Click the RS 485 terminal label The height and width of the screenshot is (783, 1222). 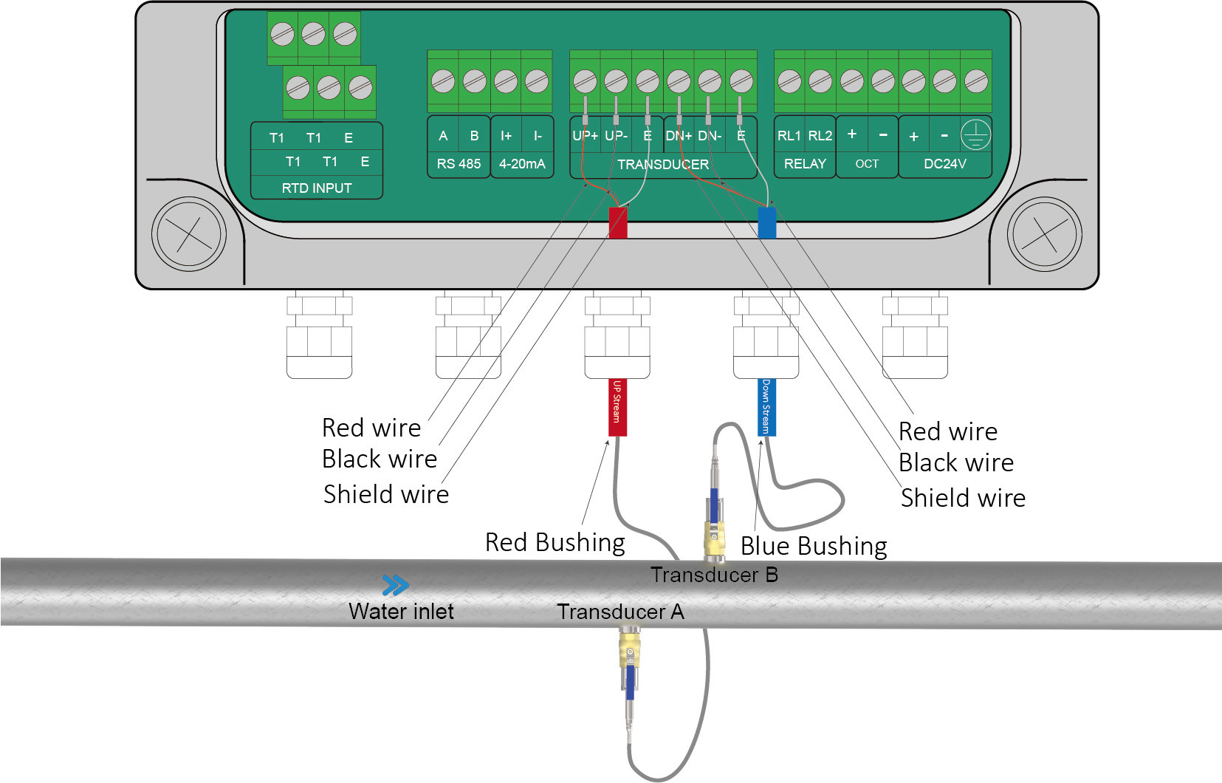tap(459, 164)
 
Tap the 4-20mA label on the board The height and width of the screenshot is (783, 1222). tap(522, 164)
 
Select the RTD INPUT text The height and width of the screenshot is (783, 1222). tap(316, 188)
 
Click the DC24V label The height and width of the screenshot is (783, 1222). tap(944, 164)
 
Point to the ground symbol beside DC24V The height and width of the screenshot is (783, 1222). tap(975, 135)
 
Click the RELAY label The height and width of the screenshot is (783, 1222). tap(805, 164)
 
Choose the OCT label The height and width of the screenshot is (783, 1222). tap(867, 164)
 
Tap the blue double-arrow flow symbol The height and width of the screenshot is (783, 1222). tap(395, 586)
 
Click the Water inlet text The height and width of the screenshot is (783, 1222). tap(401, 612)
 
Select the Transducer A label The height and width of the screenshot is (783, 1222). tap(620, 612)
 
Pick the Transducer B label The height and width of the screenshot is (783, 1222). tap(714, 575)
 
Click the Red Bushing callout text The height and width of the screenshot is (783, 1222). tap(555, 543)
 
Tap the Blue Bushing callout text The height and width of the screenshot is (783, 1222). tap(814, 547)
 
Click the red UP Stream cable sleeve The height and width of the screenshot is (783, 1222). tap(617, 407)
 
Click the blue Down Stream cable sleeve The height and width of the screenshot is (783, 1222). tap(767, 407)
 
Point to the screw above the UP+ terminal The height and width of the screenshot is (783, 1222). tap(585, 81)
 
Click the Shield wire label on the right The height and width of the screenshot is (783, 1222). tap(963, 499)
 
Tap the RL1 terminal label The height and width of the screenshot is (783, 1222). tap(789, 136)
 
